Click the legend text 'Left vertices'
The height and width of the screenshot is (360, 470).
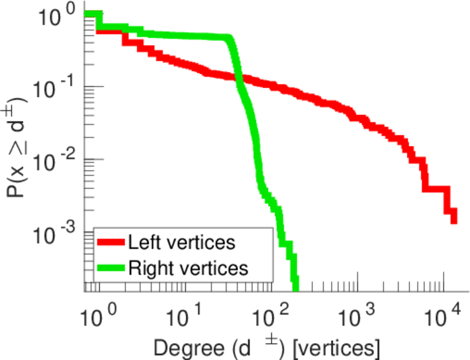pyautogui.click(x=181, y=243)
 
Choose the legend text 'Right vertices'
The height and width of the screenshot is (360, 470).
pyautogui.click(x=188, y=268)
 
